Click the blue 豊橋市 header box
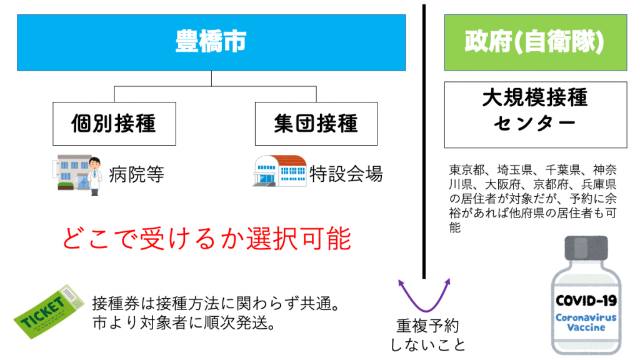pyautogui.click(x=211, y=42)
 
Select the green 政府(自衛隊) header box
pyautogui.click(x=534, y=42)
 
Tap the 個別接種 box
pyautogui.click(x=113, y=123)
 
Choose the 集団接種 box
pyautogui.click(x=316, y=123)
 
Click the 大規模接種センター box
pyautogui.click(x=534, y=114)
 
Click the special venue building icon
pyautogui.click(x=279, y=171)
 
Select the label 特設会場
pyautogui.click(x=346, y=174)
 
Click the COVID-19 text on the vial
pyautogui.click(x=586, y=301)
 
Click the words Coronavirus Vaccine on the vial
pyautogui.click(x=586, y=322)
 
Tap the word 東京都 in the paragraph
pyautogui.click(x=468, y=170)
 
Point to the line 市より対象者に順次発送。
pyautogui.click(x=184, y=325)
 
